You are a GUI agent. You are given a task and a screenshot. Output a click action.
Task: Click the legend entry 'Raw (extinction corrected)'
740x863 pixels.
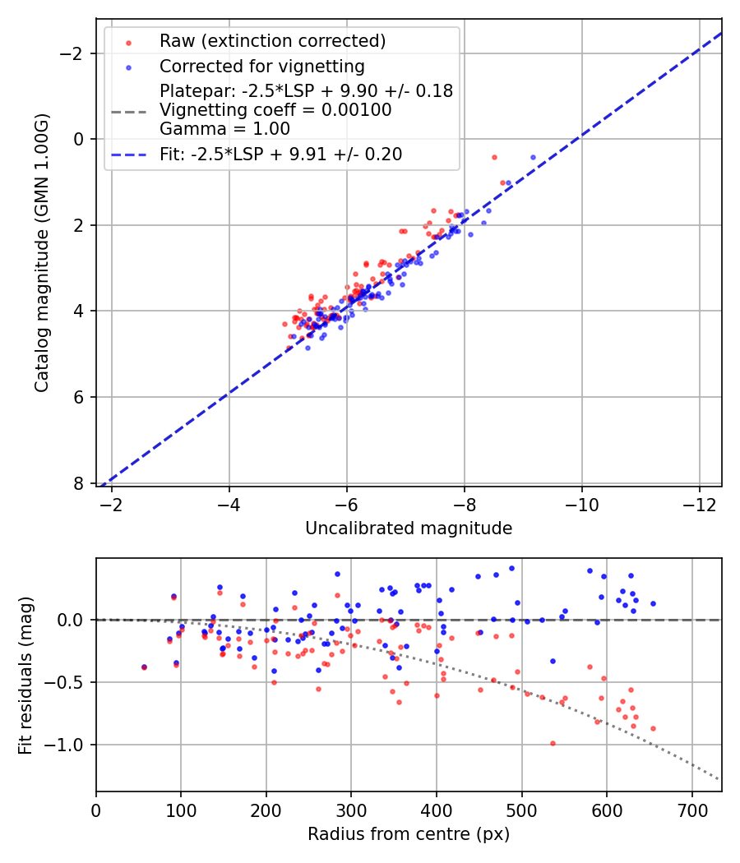point(272,41)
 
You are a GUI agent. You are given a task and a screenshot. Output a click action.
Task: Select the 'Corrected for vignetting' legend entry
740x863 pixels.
point(261,66)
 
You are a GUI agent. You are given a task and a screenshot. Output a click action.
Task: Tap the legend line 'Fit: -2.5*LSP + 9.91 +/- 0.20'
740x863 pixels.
point(280,155)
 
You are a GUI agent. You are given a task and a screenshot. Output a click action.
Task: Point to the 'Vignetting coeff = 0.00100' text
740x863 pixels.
point(275,110)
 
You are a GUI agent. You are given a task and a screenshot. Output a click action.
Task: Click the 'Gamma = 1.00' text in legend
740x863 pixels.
point(224,129)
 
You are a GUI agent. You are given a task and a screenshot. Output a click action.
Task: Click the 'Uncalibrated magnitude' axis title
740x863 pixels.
point(409,528)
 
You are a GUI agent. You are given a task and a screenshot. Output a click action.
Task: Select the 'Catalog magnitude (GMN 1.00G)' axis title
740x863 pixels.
point(42,252)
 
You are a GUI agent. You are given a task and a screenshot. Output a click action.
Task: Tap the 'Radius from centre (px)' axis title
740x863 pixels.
point(409,834)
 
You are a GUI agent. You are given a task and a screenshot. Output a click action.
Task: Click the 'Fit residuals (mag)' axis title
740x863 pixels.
point(25,675)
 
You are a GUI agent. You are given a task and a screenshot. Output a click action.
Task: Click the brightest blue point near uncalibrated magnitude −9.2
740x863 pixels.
point(533,157)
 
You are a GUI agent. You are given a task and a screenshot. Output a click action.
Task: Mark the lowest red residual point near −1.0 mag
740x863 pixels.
point(553,743)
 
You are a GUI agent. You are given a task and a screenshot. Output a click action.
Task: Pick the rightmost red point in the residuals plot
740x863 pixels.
point(653,728)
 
